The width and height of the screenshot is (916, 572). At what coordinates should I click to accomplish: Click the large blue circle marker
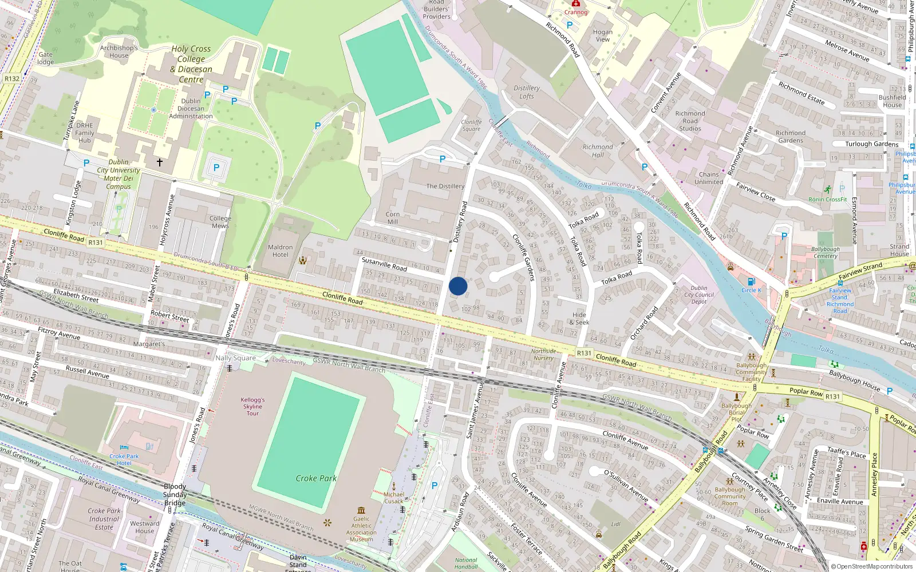[458, 286]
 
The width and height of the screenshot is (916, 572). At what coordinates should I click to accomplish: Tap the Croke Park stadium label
[316, 478]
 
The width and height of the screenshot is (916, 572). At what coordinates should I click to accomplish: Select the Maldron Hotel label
[280, 251]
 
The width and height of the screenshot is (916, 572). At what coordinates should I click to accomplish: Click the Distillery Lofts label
[527, 92]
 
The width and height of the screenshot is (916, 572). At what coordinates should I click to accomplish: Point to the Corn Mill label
[393, 218]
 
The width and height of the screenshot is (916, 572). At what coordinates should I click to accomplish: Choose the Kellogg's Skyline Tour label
[252, 407]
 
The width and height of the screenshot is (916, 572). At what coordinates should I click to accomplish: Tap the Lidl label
[616, 524]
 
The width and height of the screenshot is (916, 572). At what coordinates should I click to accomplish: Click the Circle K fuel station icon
[752, 281]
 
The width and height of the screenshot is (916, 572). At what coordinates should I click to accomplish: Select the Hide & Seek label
[579, 319]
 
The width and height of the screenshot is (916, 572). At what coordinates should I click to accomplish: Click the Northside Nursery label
[543, 355]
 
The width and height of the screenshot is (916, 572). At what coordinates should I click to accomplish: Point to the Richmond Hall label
[598, 151]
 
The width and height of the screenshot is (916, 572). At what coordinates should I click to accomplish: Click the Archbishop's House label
[119, 51]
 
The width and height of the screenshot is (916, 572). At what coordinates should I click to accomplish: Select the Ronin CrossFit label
[828, 199]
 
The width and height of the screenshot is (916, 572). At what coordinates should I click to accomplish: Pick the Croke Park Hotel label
[124, 460]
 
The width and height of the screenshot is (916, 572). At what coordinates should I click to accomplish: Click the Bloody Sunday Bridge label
[175, 495]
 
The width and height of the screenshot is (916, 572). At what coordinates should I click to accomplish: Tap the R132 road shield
[12, 79]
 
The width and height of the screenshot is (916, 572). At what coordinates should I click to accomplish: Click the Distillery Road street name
[460, 222]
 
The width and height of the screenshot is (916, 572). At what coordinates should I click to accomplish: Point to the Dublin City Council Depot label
[699, 295]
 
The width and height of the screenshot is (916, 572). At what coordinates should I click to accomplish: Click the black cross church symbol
[160, 162]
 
